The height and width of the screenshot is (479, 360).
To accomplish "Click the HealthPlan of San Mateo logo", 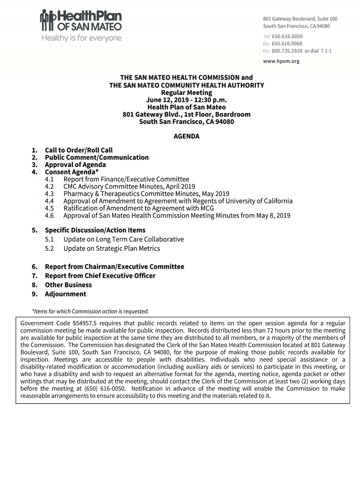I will point(81,21).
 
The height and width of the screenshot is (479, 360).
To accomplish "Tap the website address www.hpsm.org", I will point(281,61).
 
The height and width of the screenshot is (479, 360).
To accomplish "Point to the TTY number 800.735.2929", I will point(287,51).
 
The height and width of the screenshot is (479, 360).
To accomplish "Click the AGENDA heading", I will point(187,137).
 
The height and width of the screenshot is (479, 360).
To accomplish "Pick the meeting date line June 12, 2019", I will point(187,100).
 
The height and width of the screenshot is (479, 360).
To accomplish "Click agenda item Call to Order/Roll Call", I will point(79,150).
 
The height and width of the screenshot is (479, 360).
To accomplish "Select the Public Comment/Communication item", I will point(96,158).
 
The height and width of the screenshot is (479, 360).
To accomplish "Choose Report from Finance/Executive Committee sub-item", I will point(126,179).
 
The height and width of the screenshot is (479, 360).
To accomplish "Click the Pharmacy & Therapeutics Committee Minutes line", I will point(146,194).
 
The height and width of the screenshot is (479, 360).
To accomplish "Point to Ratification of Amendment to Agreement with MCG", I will point(138,208).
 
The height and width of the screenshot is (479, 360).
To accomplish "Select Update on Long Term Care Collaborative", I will point(123,239).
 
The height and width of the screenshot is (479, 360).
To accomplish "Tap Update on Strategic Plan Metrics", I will point(112,248).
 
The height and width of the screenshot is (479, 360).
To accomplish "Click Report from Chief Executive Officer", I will point(100,276).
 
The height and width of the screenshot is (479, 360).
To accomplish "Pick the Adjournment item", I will point(65,294).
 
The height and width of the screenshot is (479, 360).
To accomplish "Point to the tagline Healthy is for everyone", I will point(81,38).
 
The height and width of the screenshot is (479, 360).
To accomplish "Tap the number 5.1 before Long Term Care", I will point(50,239).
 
